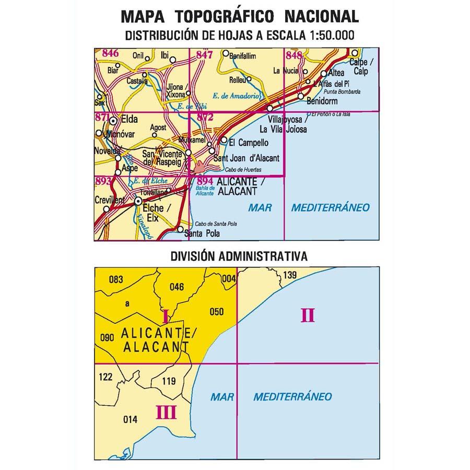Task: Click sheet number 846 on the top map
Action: (x=111, y=53)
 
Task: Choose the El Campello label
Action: (x=249, y=142)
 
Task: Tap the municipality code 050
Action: (x=216, y=312)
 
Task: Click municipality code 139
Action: (x=290, y=275)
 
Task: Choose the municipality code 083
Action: (x=116, y=280)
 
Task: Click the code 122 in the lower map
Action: (x=105, y=377)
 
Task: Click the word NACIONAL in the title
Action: (x=322, y=16)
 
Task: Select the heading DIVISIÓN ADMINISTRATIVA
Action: (x=239, y=256)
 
